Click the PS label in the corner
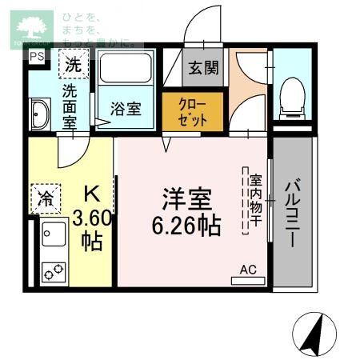pyautogui.click(x=37, y=57)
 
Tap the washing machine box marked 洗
pyautogui.click(x=73, y=63)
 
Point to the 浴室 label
pyautogui.click(x=126, y=109)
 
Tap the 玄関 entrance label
pyautogui.click(x=203, y=68)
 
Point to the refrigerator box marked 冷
pyautogui.click(x=46, y=198)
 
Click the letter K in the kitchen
pyautogui.click(x=92, y=194)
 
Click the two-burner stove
pyautogui.click(x=54, y=271)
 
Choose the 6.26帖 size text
pyautogui.click(x=186, y=226)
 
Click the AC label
pyautogui.click(x=248, y=270)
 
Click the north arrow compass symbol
pyautogui.click(x=313, y=331)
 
